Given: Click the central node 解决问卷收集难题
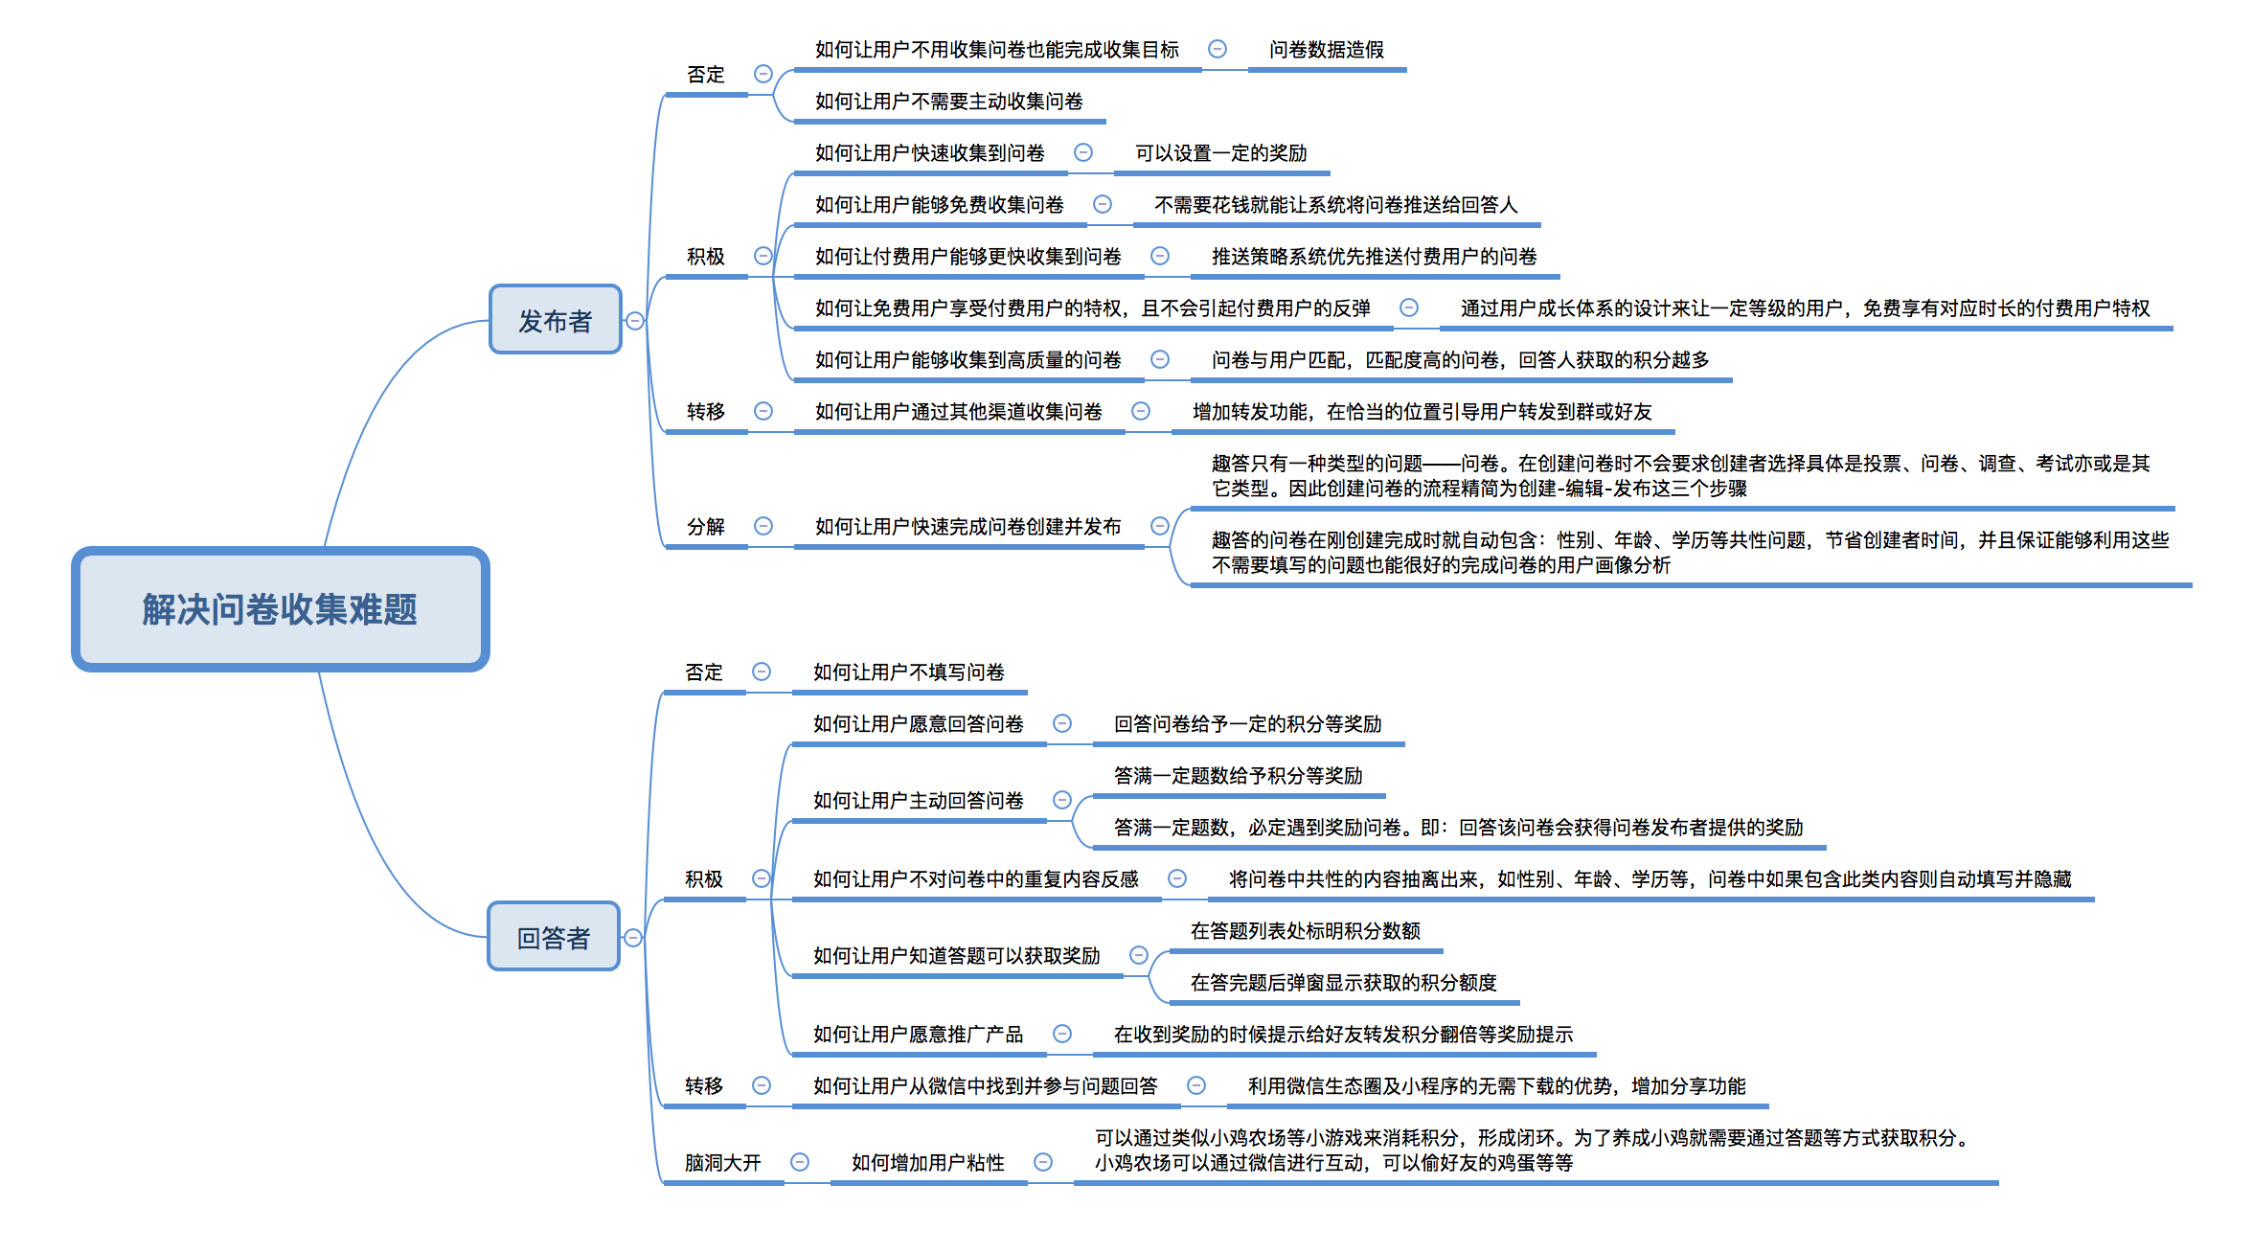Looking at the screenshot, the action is click(x=281, y=609).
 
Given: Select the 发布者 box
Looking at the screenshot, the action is click(x=556, y=320).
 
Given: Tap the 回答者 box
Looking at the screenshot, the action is click(x=554, y=937).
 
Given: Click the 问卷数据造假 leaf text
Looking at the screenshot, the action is click(x=1327, y=50).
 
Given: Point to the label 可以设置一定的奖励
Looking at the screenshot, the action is click(x=1221, y=153).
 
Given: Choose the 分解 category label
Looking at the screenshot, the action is click(x=706, y=527).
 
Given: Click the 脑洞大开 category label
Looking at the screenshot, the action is click(x=723, y=1163).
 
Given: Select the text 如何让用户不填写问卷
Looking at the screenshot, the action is click(x=909, y=672).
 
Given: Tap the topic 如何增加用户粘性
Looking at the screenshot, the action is click(x=928, y=1163).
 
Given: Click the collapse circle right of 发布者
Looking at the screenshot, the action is click(x=635, y=321).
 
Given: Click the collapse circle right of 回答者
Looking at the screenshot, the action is click(x=633, y=938).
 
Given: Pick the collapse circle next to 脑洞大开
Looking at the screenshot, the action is click(x=800, y=1162).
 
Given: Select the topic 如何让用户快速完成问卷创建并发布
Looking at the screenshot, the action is click(x=968, y=527).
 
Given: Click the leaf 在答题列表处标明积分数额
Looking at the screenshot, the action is click(x=1306, y=931).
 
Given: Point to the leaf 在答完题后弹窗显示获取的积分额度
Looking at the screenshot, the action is click(x=1344, y=983).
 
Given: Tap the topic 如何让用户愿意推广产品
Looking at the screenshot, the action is click(x=919, y=1035).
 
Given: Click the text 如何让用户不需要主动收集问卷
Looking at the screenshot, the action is click(x=949, y=102).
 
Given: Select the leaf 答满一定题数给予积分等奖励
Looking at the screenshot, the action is click(x=1239, y=776).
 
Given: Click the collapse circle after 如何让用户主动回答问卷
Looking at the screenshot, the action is click(x=1062, y=800).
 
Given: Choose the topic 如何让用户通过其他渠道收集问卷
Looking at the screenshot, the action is click(x=959, y=412).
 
